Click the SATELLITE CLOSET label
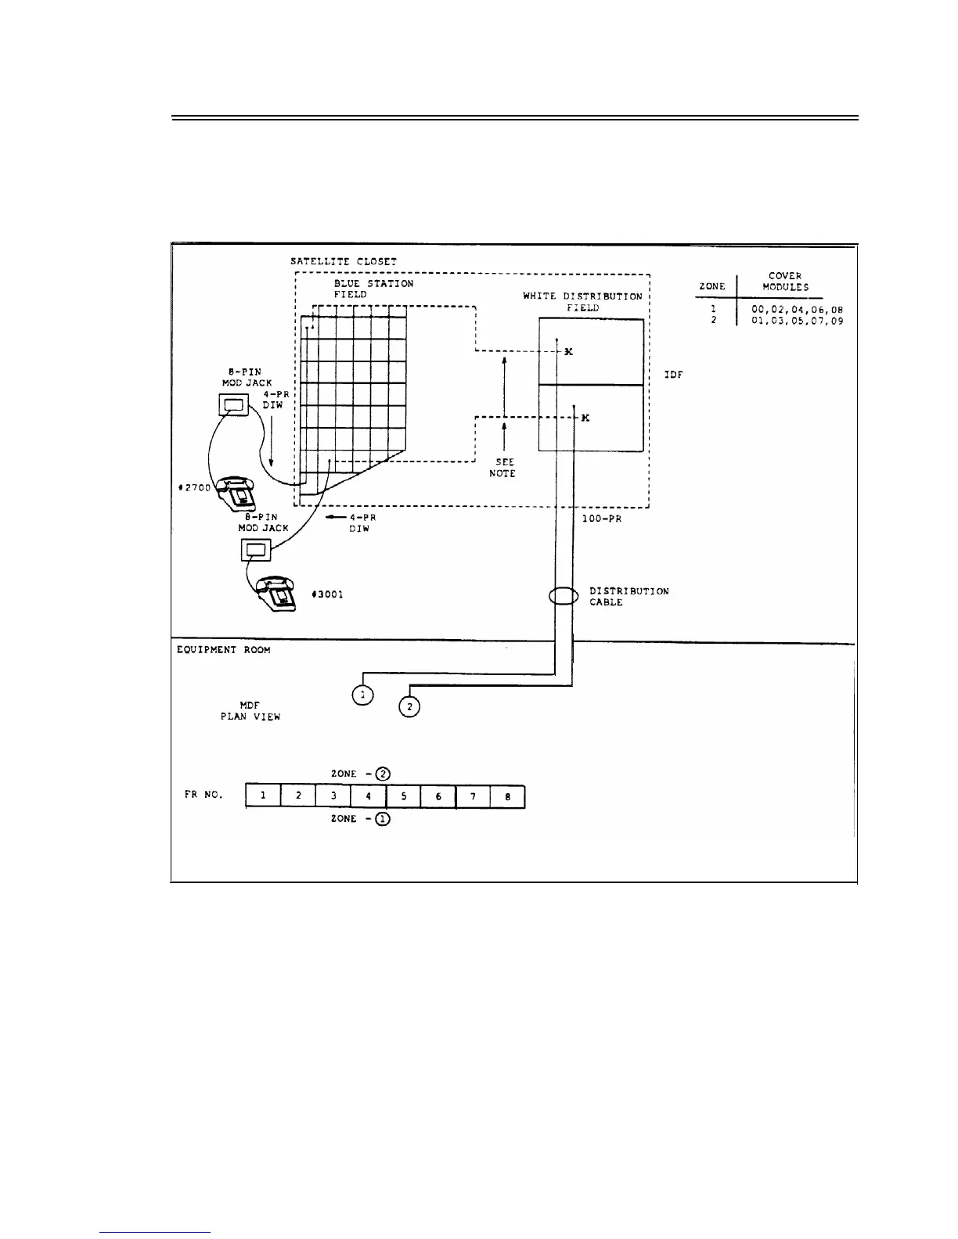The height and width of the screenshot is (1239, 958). click(343, 261)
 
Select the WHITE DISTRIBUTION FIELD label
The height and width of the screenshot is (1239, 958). click(582, 302)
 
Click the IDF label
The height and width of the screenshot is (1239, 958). click(673, 375)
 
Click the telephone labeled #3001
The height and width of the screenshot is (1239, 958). click(277, 594)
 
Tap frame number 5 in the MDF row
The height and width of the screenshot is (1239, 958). click(403, 796)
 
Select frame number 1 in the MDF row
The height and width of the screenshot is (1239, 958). click(263, 796)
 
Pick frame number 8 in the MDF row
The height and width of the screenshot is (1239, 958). click(507, 796)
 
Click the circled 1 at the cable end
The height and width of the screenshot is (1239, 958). click(362, 695)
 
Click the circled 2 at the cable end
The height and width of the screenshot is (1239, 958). click(409, 706)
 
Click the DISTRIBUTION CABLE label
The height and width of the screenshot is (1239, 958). click(628, 597)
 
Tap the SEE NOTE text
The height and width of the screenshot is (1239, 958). click(504, 468)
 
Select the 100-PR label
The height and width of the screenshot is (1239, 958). click(602, 519)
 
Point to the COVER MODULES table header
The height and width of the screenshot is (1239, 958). click(785, 282)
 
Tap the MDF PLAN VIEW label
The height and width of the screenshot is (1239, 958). click(250, 711)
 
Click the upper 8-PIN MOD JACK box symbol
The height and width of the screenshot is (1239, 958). click(232, 404)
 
